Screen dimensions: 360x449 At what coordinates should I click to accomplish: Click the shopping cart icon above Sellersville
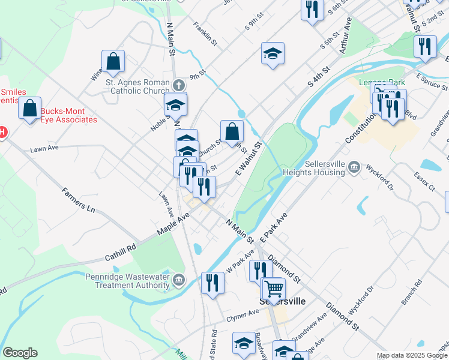(274, 288)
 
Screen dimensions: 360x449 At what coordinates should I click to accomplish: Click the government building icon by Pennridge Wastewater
(179, 280)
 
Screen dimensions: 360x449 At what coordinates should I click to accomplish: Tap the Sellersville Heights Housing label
(315, 167)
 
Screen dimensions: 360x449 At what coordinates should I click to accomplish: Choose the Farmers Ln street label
(79, 200)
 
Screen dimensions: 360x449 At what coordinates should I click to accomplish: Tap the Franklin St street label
(205, 32)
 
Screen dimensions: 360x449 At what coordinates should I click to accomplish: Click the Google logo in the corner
(20, 353)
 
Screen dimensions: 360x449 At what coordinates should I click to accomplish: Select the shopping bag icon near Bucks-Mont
(29, 109)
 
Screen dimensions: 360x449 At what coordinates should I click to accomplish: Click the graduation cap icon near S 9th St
(273, 55)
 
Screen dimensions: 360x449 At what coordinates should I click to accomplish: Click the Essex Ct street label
(424, 181)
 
